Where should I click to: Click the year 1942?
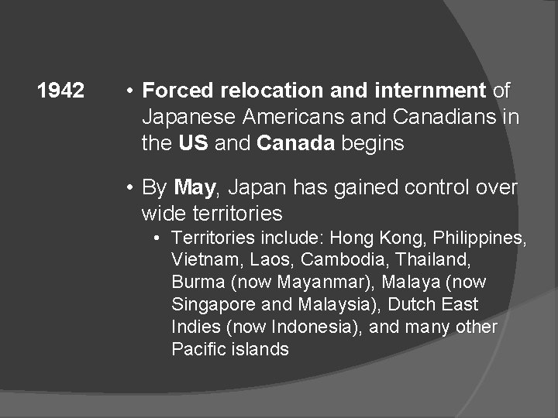[60, 91]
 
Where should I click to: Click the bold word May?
[195, 187]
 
